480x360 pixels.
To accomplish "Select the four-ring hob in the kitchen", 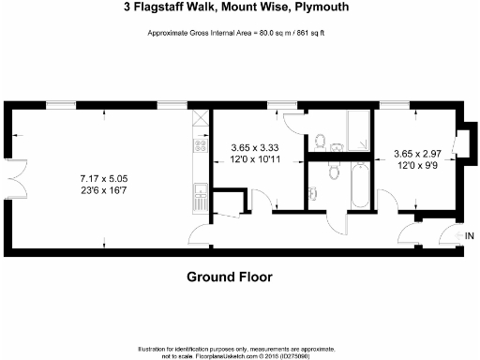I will (x=199, y=145).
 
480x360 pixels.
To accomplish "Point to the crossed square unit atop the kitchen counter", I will (x=199, y=119).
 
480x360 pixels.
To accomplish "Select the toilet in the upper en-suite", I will (x=319, y=142).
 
